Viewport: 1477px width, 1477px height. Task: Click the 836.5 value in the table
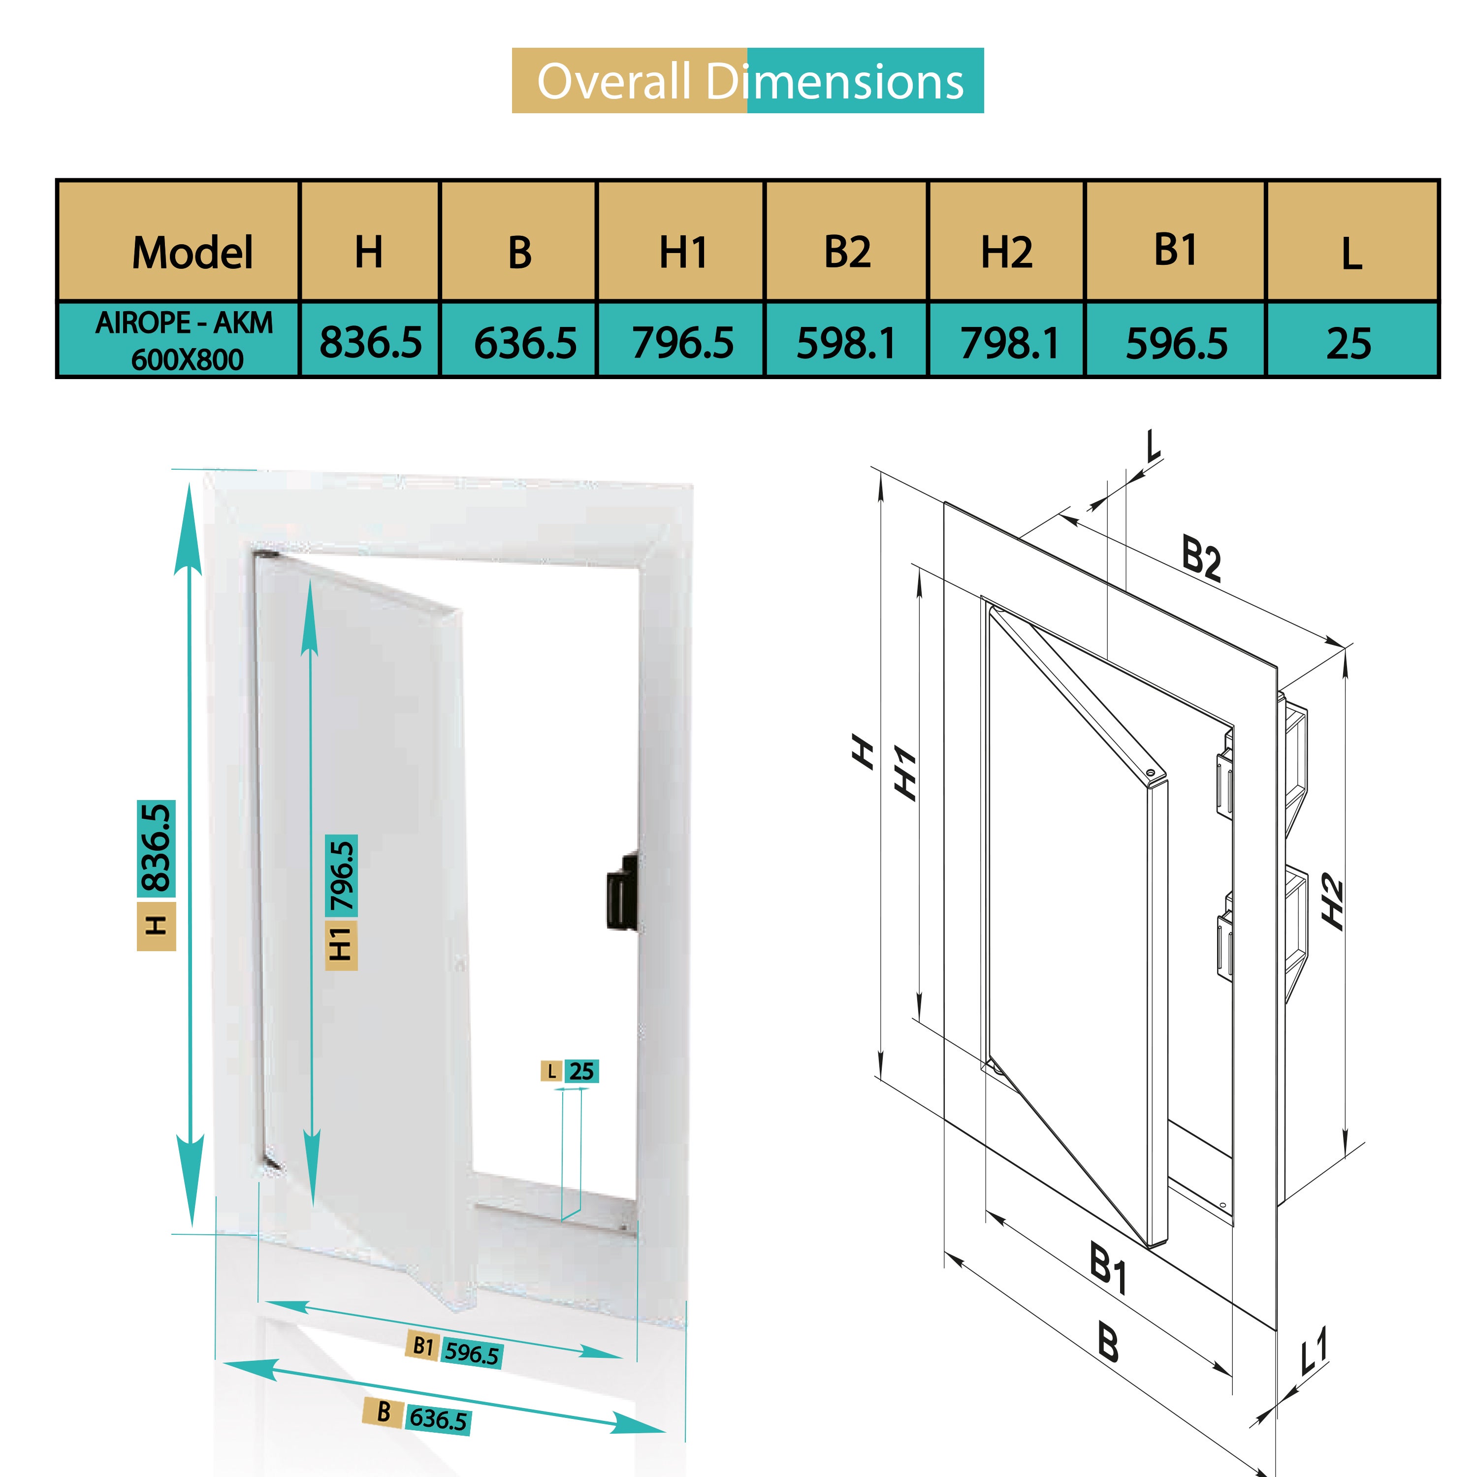(371, 342)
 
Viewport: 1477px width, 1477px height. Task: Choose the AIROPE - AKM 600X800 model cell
(184, 340)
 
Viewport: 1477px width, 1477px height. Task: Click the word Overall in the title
(614, 81)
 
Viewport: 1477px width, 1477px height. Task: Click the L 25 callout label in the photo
(570, 1071)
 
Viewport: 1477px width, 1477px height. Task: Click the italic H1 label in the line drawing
(905, 773)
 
